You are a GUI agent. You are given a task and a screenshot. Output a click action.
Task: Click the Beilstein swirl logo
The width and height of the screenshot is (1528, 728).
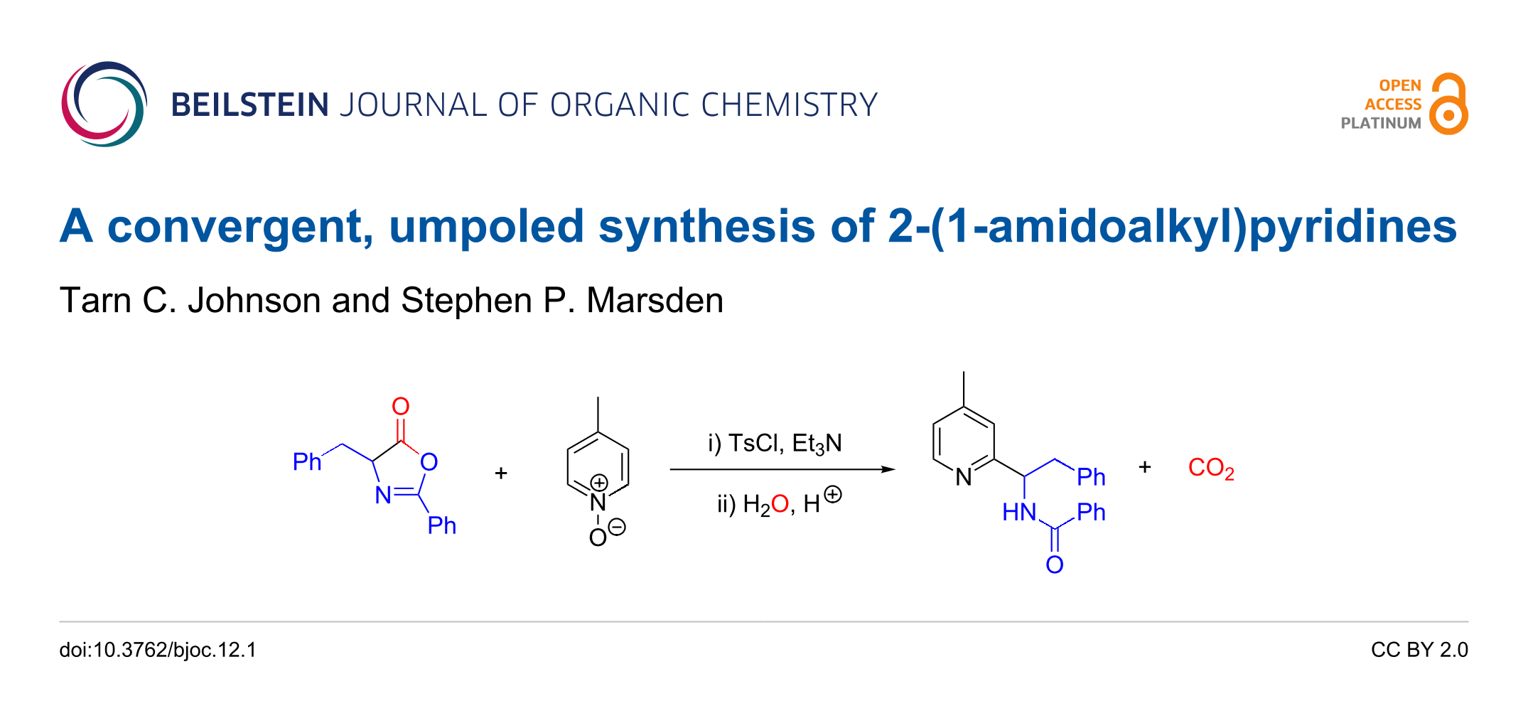point(104,105)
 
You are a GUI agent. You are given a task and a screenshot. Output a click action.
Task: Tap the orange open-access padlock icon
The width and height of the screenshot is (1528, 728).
point(1448,105)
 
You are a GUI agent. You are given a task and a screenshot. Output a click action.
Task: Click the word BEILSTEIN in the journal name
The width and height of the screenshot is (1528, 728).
point(249,105)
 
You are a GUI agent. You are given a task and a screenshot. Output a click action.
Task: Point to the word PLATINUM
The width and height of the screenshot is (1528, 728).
point(1380,124)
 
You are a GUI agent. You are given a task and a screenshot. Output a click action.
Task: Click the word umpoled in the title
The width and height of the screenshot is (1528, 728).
point(486,227)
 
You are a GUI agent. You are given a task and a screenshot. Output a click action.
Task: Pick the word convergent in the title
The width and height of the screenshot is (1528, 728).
point(240,227)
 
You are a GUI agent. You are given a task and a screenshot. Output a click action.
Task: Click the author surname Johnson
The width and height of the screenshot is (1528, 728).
point(254,301)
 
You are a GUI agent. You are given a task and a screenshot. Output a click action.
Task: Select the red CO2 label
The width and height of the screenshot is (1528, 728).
point(1210,468)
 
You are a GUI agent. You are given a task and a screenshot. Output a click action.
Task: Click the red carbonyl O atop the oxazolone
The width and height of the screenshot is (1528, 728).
point(401,406)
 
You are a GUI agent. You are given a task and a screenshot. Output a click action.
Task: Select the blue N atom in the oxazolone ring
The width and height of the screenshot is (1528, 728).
point(383,495)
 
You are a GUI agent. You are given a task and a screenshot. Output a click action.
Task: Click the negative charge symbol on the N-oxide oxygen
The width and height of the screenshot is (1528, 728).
point(617,528)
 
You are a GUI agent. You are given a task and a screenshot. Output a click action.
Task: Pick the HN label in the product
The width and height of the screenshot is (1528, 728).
point(1018,512)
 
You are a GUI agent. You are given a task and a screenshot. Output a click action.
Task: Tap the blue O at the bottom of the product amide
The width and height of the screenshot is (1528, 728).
point(1055,565)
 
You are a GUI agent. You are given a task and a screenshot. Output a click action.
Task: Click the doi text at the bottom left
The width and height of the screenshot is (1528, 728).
point(158,650)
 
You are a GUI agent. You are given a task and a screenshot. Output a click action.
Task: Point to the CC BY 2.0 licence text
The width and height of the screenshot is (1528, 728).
point(1419,650)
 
